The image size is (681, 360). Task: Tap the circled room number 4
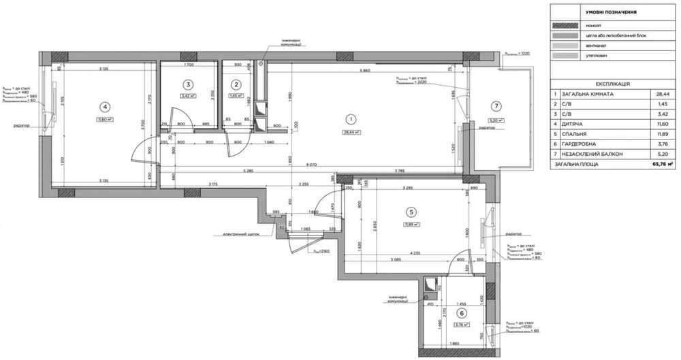click(x=104, y=106)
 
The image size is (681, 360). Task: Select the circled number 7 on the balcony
click(x=496, y=105)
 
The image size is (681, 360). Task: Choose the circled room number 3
click(x=189, y=84)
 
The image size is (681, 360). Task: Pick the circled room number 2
click(x=236, y=84)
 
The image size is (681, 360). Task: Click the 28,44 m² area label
click(x=351, y=133)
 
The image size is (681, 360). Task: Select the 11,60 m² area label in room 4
click(x=104, y=119)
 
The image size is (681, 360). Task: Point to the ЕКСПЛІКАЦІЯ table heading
click(x=612, y=84)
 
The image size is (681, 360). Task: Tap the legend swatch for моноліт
click(x=567, y=24)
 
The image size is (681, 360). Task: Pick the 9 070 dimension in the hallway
click(x=311, y=164)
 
